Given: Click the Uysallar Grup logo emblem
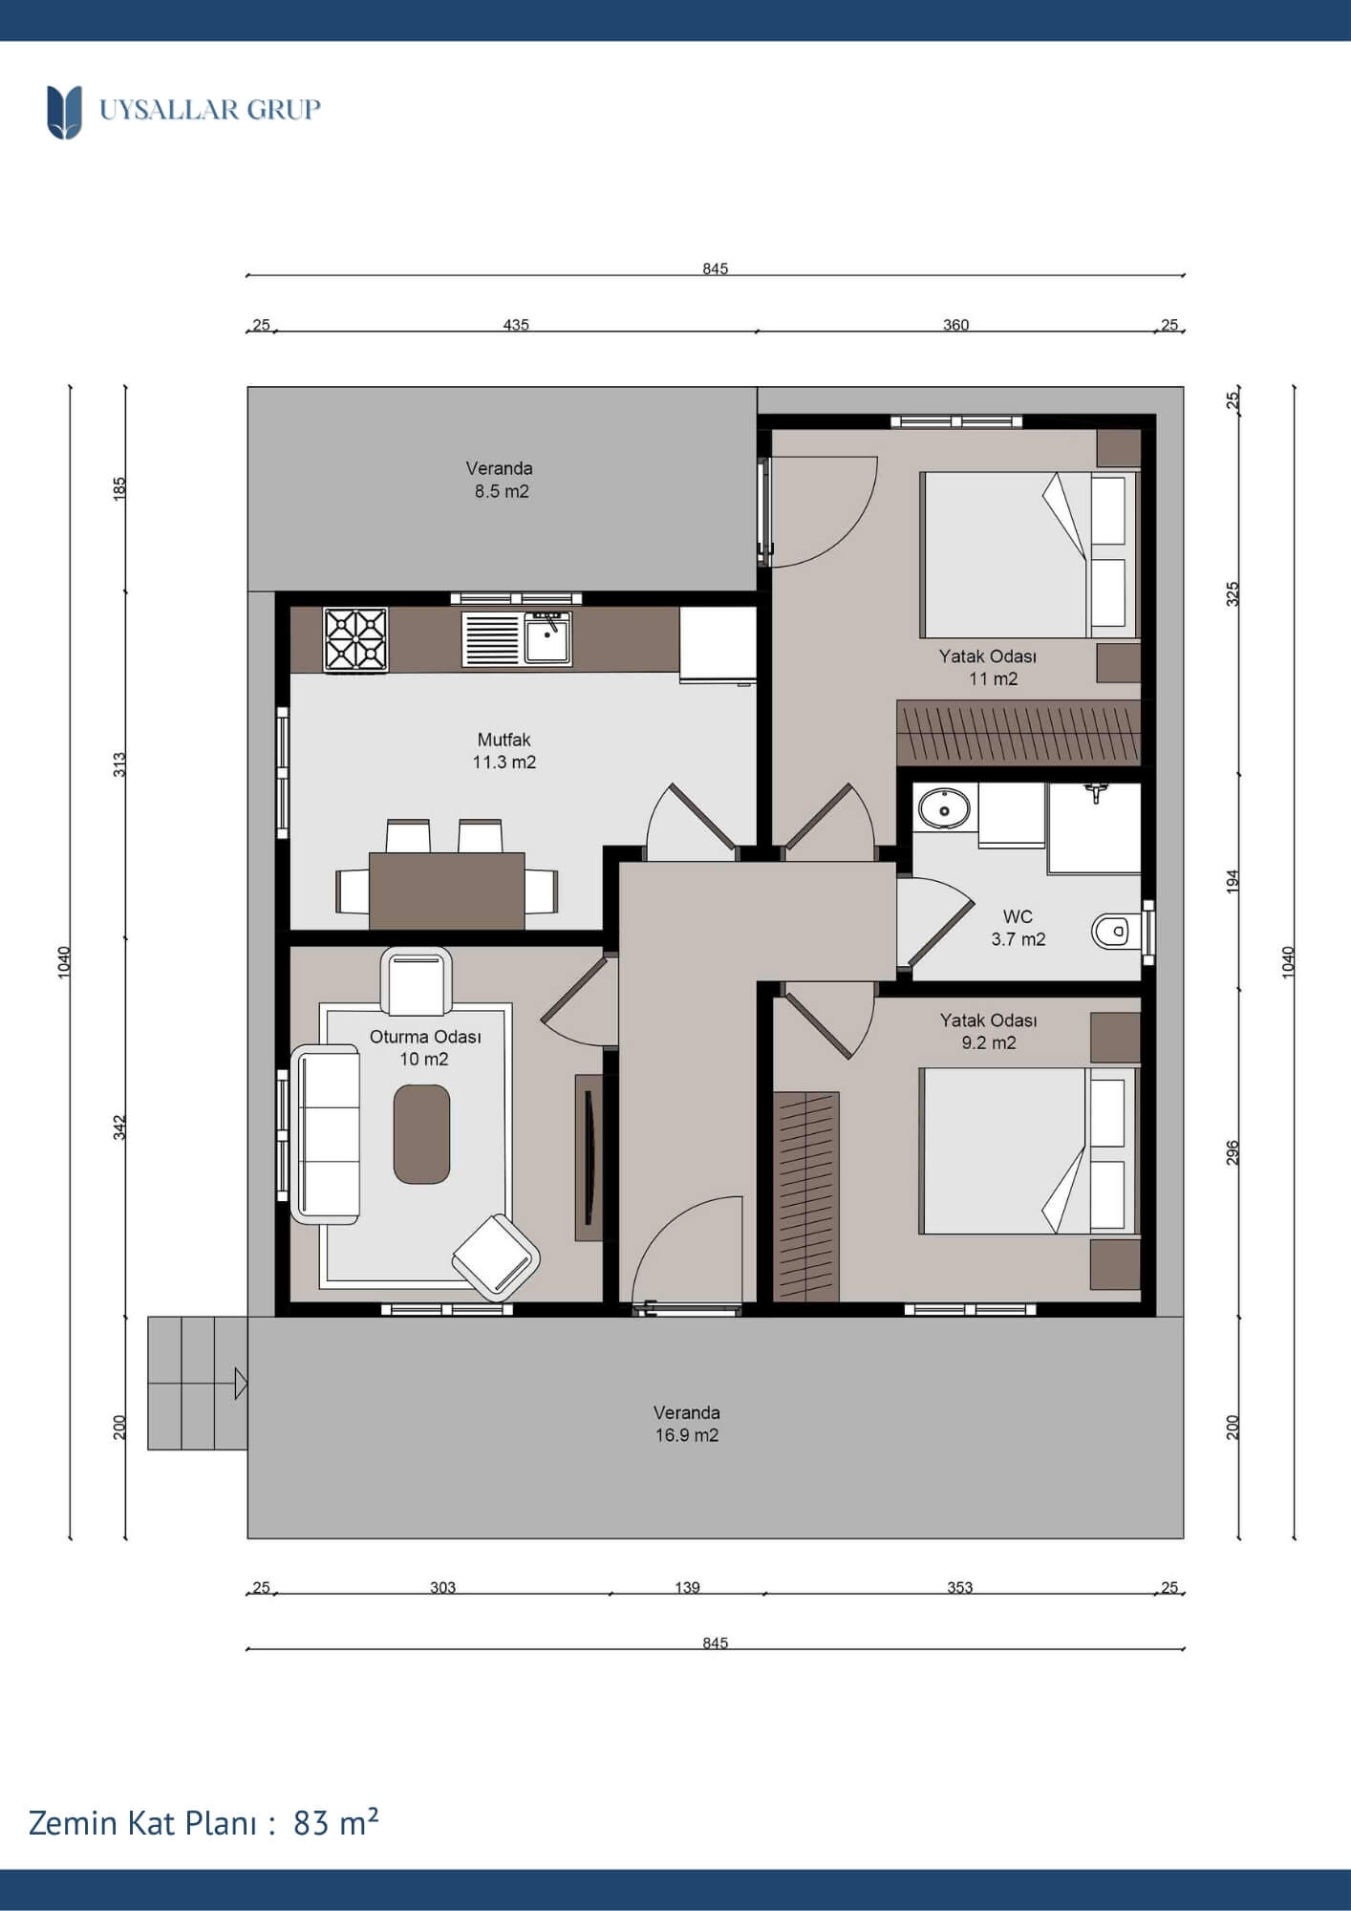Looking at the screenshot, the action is [x=64, y=112].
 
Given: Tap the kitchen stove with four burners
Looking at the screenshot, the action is [x=355, y=639].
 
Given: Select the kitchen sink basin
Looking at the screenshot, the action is [x=548, y=639].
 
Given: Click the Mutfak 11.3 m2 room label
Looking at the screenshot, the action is [x=504, y=751].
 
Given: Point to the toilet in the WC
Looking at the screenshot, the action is [x=1111, y=931].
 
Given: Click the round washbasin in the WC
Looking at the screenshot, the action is [x=944, y=809].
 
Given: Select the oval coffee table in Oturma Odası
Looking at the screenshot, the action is [x=421, y=1134].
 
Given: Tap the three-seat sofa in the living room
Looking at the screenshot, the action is [x=325, y=1134].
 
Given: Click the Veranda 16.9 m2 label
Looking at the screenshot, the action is [x=687, y=1424].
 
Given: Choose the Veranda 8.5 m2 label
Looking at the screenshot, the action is [x=500, y=480].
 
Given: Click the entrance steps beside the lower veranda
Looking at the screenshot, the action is [x=198, y=1383].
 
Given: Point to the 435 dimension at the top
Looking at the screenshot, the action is [x=516, y=325].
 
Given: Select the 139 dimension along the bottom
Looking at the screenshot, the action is [x=687, y=1587].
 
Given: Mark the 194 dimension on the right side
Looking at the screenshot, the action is [x=1233, y=880].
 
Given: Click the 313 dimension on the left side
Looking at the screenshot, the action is [x=119, y=764].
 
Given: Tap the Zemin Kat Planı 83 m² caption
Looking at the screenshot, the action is [x=204, y=1822].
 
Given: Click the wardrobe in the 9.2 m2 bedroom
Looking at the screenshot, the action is [x=806, y=1196].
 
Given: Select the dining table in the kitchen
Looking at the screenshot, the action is [x=446, y=891].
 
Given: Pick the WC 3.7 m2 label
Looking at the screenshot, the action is [x=1019, y=928].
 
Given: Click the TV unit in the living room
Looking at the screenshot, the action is [x=589, y=1157].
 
